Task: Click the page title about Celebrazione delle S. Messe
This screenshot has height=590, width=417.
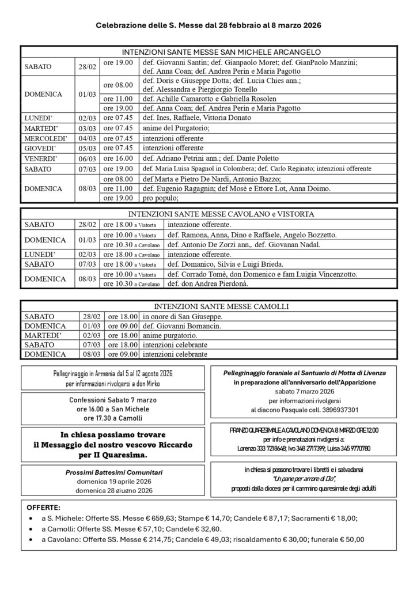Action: [x=208, y=26]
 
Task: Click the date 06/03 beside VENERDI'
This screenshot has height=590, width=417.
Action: [x=88, y=158]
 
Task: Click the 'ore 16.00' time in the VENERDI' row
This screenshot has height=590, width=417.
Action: [x=118, y=158]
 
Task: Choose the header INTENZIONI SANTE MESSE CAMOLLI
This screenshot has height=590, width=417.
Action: [x=209, y=307]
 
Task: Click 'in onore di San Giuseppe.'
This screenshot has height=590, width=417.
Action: [x=183, y=316]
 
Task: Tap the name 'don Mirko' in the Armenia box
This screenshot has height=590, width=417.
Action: [x=148, y=384]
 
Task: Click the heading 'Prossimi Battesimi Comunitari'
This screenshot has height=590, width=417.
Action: [x=113, y=472]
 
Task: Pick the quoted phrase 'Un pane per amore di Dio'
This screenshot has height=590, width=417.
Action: [x=304, y=479]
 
